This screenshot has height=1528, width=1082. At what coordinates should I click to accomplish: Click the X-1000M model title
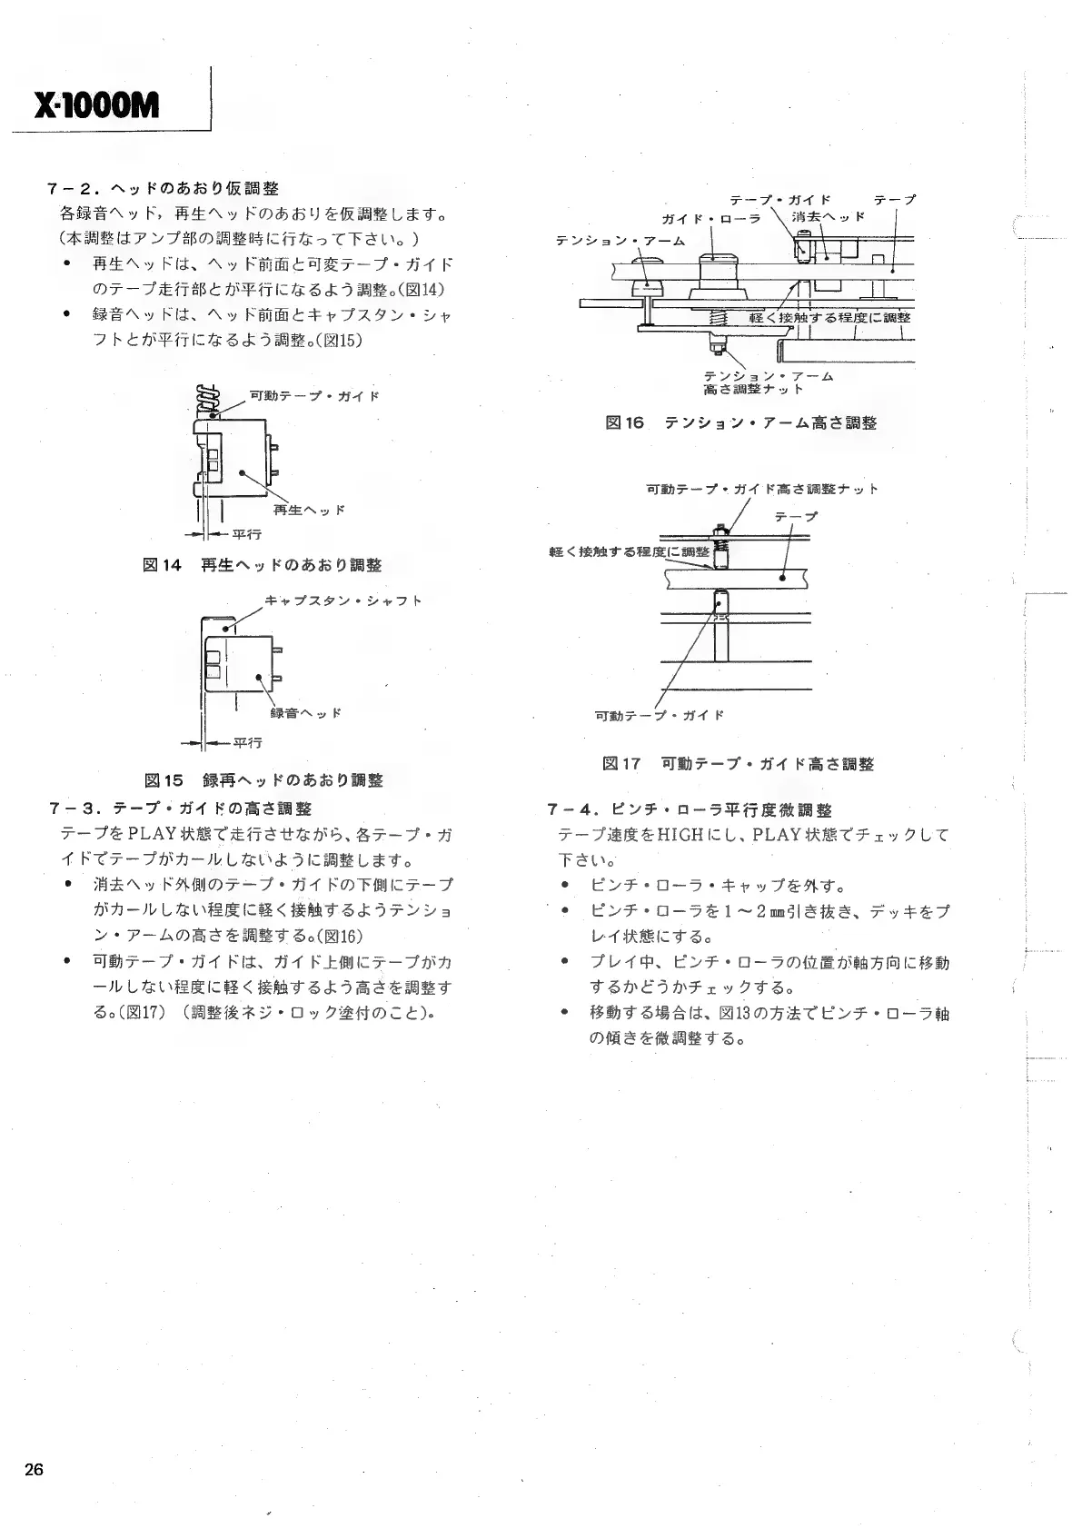(x=94, y=107)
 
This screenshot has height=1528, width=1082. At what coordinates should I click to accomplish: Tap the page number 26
(x=35, y=1471)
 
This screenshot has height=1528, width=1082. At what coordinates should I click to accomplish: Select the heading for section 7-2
(x=164, y=189)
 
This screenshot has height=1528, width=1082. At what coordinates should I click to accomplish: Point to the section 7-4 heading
(x=690, y=809)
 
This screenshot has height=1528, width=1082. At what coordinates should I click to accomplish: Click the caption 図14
(x=263, y=565)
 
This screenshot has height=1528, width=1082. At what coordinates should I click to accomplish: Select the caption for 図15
(x=263, y=780)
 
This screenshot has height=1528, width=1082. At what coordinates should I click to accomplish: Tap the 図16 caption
(x=740, y=422)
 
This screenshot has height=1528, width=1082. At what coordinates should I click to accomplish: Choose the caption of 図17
(x=738, y=764)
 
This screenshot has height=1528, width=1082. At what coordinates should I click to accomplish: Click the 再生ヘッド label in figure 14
(x=309, y=511)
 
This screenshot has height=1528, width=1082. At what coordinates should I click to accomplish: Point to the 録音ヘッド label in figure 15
(x=306, y=713)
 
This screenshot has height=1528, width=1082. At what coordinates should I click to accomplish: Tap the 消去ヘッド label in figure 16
(x=828, y=218)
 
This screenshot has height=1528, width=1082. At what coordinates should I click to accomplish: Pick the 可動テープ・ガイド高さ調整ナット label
(x=761, y=490)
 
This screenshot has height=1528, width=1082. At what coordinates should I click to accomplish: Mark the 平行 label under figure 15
(x=247, y=743)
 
